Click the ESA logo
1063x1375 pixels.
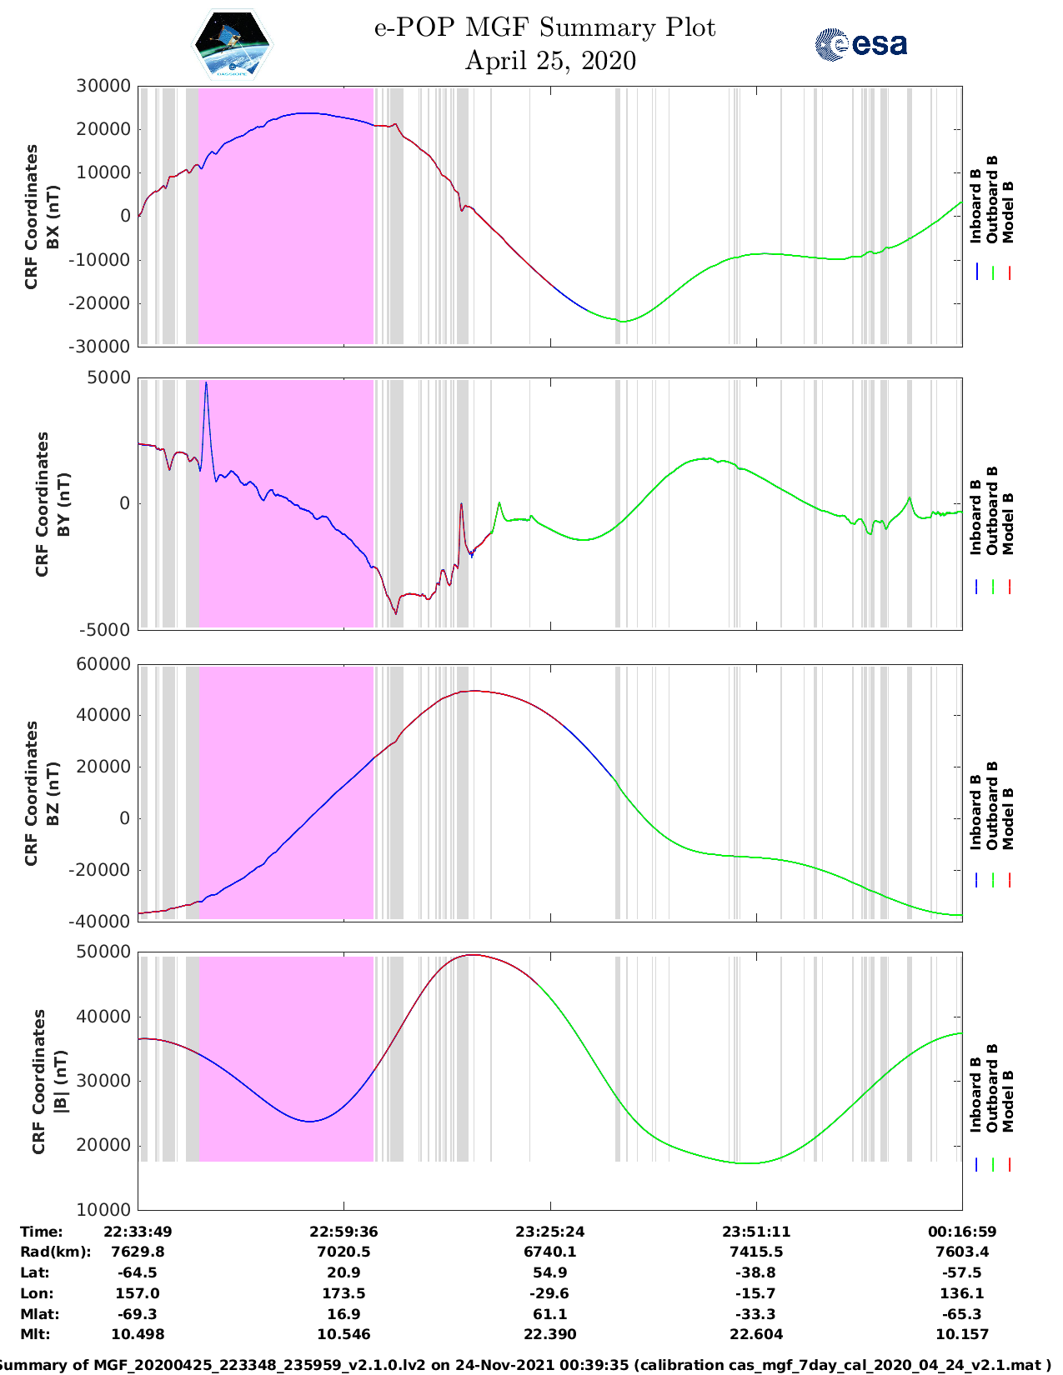(x=860, y=44)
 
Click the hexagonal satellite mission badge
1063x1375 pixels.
(x=232, y=44)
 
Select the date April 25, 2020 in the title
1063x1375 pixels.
(x=550, y=61)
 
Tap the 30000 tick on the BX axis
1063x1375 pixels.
(x=103, y=86)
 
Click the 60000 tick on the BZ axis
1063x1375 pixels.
(x=103, y=664)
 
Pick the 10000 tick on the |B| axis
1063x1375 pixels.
(x=103, y=1209)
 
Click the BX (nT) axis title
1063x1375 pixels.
(x=53, y=217)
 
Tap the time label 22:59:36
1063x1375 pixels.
(x=343, y=1232)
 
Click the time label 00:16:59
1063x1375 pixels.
(x=962, y=1232)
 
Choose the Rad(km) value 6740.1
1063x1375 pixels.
(x=550, y=1252)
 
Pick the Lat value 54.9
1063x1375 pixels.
(x=550, y=1272)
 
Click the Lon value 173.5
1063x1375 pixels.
(x=343, y=1293)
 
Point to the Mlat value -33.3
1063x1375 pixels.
(x=756, y=1314)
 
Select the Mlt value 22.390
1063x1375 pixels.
(x=550, y=1334)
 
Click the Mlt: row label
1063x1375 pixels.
(x=35, y=1334)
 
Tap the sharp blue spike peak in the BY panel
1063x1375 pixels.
(x=206, y=382)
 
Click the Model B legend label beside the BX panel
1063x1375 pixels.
(x=1008, y=212)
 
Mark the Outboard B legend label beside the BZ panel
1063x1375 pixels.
(x=992, y=806)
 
